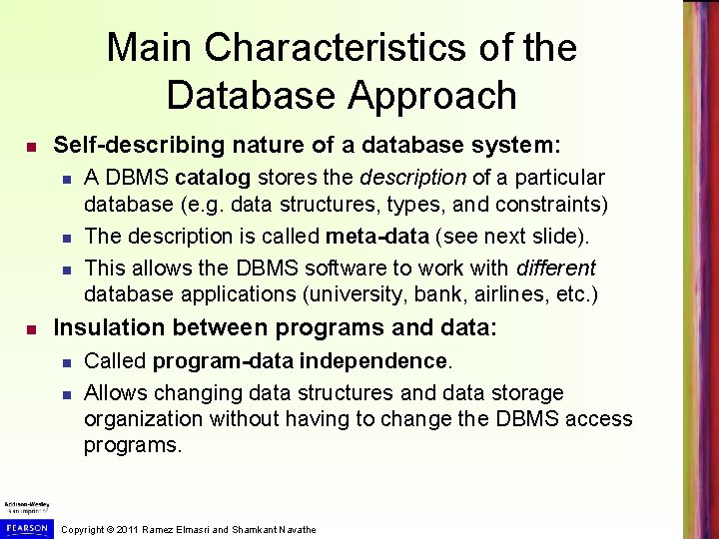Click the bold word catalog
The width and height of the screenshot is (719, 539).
click(x=214, y=179)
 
